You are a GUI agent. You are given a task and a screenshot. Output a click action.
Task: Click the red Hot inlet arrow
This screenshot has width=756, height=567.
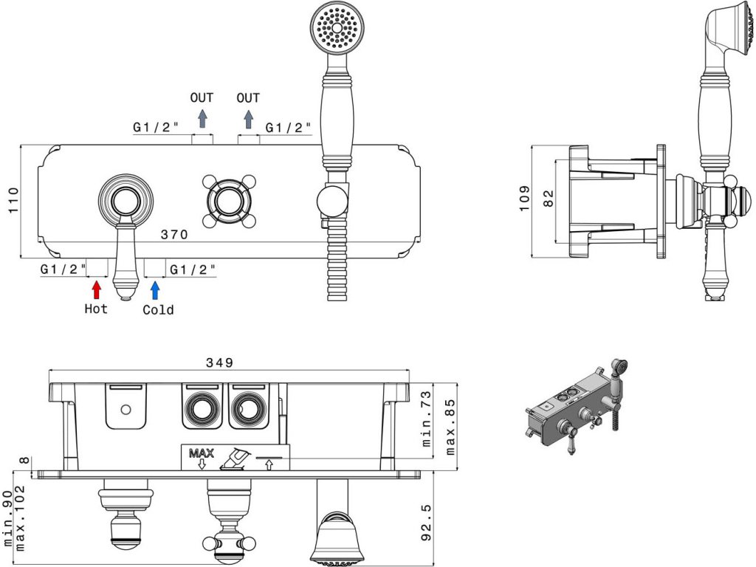coord(96,289)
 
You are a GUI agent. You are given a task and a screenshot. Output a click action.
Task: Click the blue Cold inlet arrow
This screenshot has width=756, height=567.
coord(155,289)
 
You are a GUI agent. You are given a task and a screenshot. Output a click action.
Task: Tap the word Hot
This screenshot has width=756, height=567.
coord(96,309)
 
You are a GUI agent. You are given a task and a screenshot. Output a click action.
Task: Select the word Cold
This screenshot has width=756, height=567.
coord(158,309)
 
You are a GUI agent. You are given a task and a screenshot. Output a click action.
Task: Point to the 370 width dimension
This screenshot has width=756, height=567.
coord(174,235)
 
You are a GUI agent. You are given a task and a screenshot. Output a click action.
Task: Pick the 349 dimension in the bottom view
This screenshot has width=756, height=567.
coord(219,362)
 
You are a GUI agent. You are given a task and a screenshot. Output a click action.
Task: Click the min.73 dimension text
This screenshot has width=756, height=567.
coord(427,429)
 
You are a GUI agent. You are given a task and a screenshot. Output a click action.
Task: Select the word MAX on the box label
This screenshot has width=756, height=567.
coord(200,453)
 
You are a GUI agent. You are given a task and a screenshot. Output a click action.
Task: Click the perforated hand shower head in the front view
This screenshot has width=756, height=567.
coord(338,29)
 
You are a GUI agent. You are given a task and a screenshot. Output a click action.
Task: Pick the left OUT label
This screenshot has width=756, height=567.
coord(202,97)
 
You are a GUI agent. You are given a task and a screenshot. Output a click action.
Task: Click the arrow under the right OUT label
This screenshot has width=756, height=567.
coord(249,119)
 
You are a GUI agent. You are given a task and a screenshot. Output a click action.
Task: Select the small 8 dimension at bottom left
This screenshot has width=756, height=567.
coord(24,461)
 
